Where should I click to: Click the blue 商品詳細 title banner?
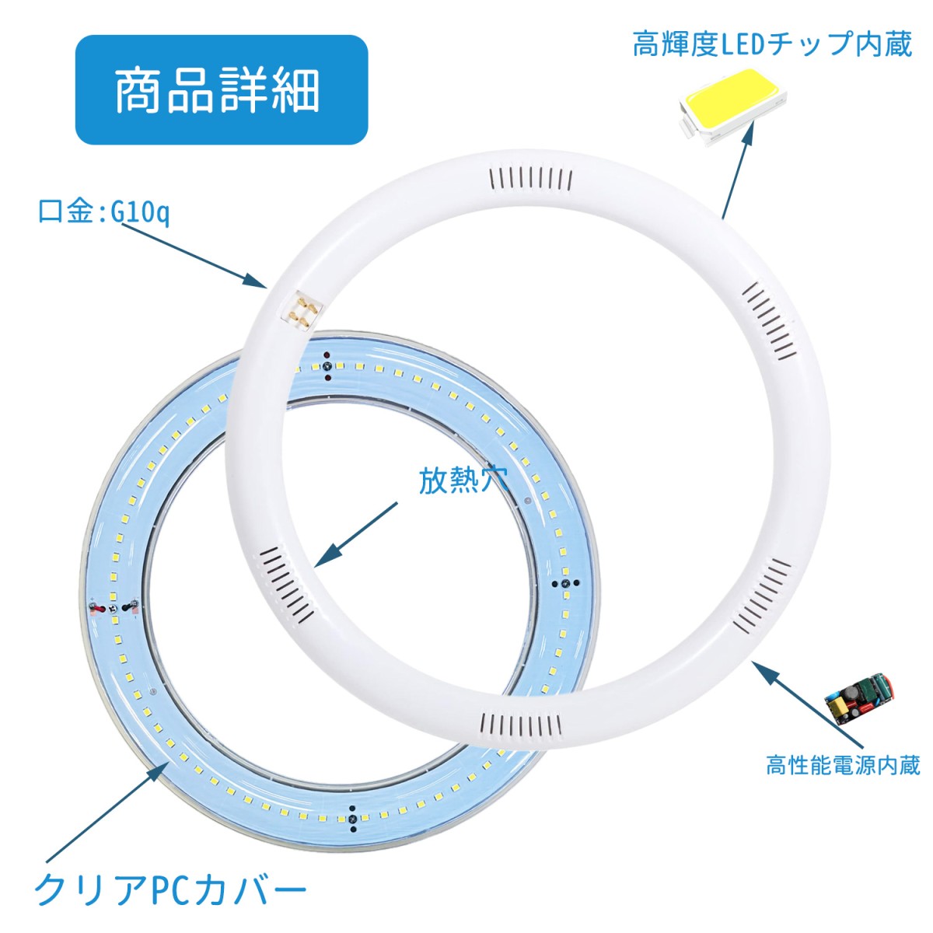(222, 90)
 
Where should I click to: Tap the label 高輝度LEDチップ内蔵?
(772, 44)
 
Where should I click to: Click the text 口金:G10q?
(103, 212)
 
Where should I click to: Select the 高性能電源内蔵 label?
(843, 766)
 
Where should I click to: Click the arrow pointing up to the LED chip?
(739, 169)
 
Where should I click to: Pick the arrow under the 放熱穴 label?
(356, 533)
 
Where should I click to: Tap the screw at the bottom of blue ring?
(353, 817)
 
